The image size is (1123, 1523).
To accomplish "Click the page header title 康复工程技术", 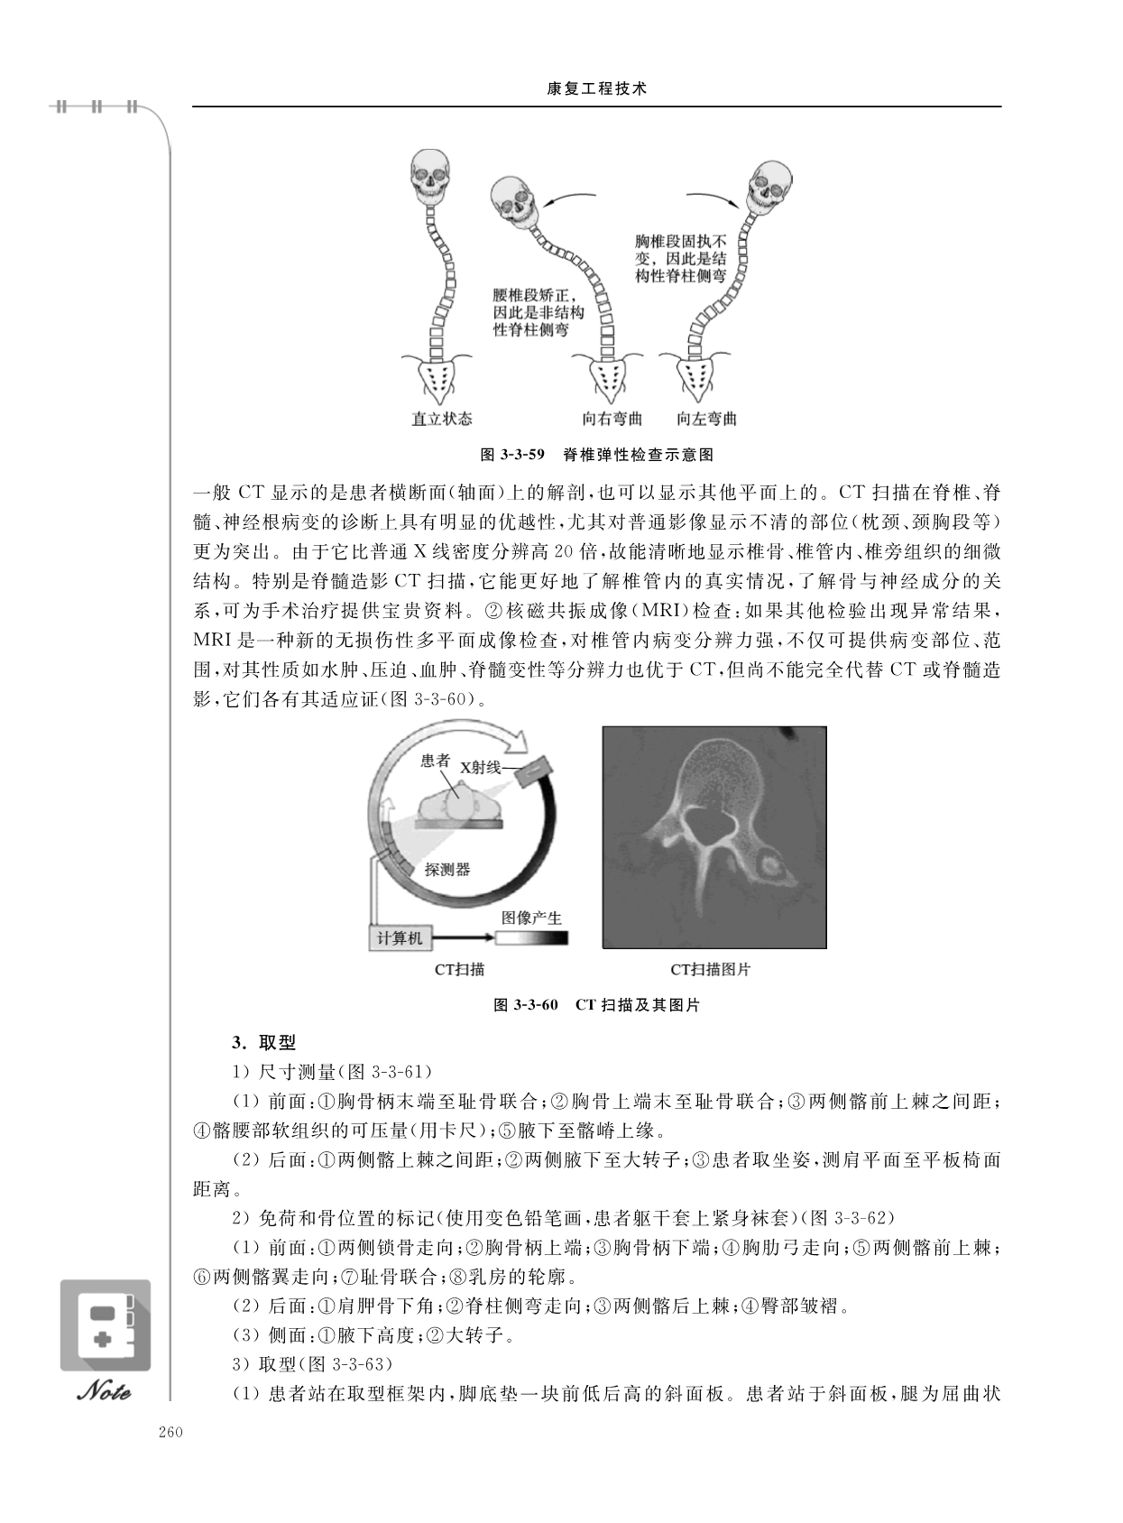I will coord(597,89).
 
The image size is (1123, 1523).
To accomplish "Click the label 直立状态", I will coord(442,419).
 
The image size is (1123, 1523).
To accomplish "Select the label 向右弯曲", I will coord(612,419).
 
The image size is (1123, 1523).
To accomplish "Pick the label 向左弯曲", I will coord(706,419).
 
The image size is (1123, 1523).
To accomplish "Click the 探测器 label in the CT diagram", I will coord(447,870).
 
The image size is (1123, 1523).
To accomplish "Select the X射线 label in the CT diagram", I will coord(480,767).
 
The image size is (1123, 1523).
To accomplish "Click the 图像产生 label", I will coord(531,918).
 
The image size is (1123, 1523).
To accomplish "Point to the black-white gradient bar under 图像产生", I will coord(531,938).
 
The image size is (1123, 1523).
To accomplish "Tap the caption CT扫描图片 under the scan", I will coord(710,970).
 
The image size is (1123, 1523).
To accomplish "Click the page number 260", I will coord(170,1433).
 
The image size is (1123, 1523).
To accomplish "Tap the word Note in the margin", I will coord(105,1391).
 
